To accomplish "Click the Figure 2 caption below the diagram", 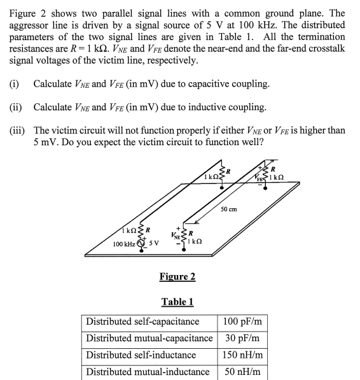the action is pos(177,276).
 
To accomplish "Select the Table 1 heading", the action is pos(177,301).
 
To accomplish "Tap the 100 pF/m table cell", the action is pos(244,321).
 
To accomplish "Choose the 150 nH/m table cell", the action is pos(244,355).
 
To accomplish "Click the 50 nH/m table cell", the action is pos(244,372).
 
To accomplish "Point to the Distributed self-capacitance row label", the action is pos(142,321).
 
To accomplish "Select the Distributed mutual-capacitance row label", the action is pos(149,338).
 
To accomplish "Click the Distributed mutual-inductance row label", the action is pos(148,372).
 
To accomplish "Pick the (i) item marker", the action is pos(15,84).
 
